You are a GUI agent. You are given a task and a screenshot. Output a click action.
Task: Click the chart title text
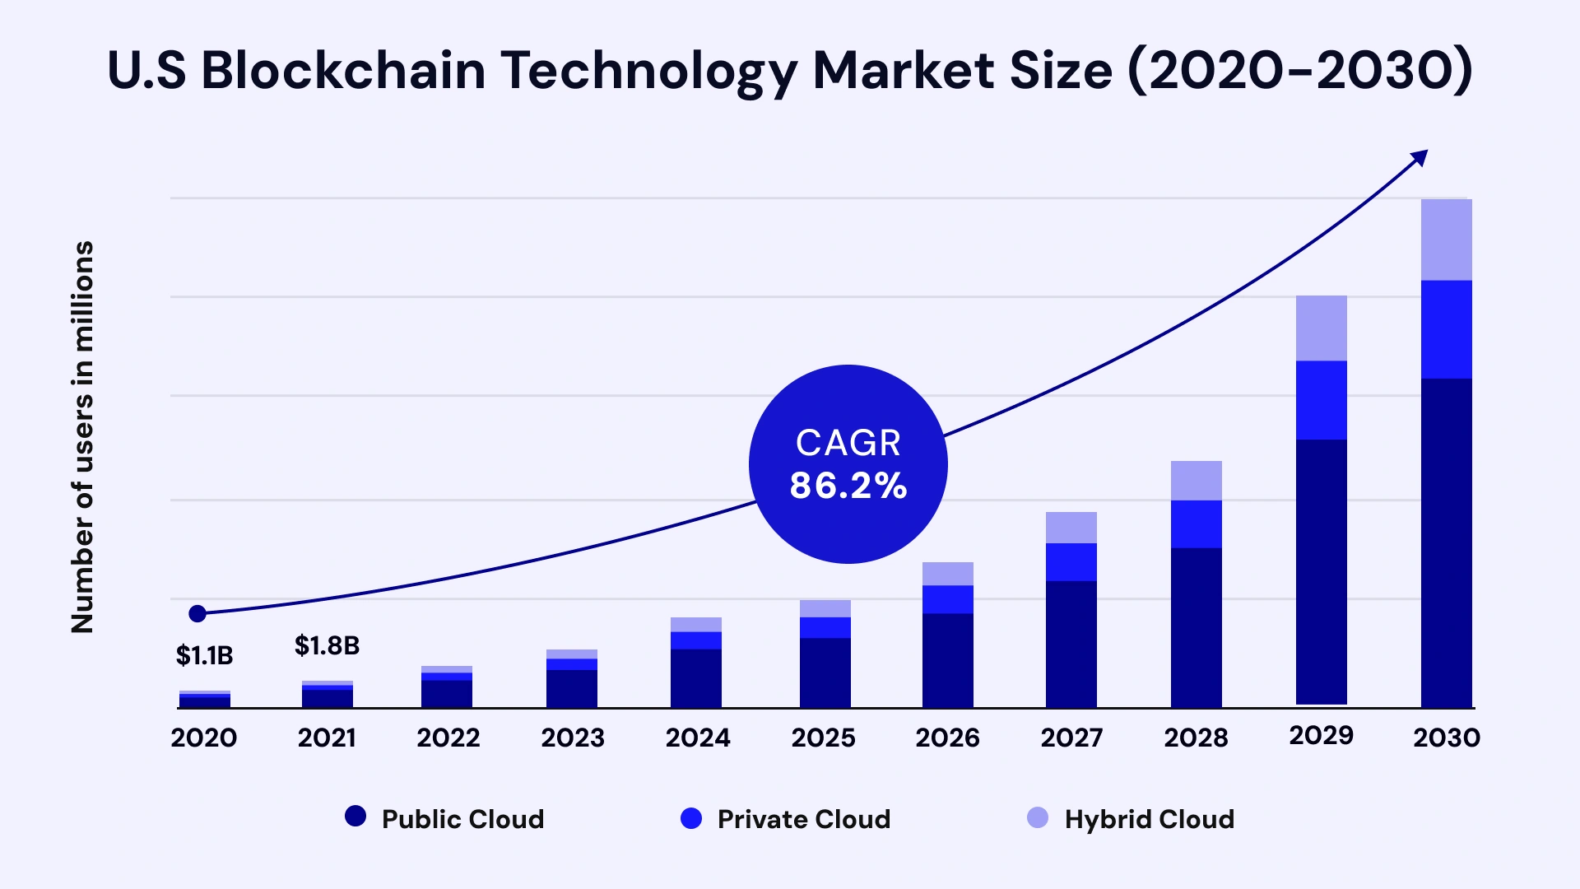(789, 71)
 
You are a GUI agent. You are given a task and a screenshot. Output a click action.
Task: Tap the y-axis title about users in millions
(82, 437)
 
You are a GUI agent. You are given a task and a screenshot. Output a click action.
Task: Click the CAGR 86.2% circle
(848, 464)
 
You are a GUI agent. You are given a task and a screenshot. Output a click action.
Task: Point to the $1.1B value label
(204, 656)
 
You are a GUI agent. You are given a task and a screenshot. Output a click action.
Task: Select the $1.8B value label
(327, 646)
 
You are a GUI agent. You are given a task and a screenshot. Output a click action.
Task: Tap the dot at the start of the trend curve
(197, 613)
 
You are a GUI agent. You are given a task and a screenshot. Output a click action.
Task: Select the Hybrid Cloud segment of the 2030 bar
(1446, 240)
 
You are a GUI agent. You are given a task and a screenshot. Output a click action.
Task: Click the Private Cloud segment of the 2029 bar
(1321, 400)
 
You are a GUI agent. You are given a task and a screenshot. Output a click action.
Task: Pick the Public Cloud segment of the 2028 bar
(1196, 627)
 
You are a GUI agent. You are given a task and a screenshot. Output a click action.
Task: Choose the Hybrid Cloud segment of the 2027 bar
(1071, 528)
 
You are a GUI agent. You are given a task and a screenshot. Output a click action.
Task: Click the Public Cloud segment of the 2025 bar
(825, 673)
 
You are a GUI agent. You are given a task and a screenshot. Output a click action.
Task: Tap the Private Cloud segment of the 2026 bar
(947, 599)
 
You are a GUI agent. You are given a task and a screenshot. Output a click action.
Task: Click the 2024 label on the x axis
(698, 738)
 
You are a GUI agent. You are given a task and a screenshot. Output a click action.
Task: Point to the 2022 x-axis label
(448, 738)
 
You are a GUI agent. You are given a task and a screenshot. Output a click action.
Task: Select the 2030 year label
(1446, 738)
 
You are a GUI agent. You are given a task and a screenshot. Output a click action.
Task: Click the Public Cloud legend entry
(445, 819)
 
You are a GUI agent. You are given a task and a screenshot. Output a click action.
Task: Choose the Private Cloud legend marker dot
(691, 818)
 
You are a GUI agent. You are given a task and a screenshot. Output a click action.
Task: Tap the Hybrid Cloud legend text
(1149, 819)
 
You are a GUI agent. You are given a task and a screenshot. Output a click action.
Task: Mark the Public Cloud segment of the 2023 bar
(571, 688)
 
